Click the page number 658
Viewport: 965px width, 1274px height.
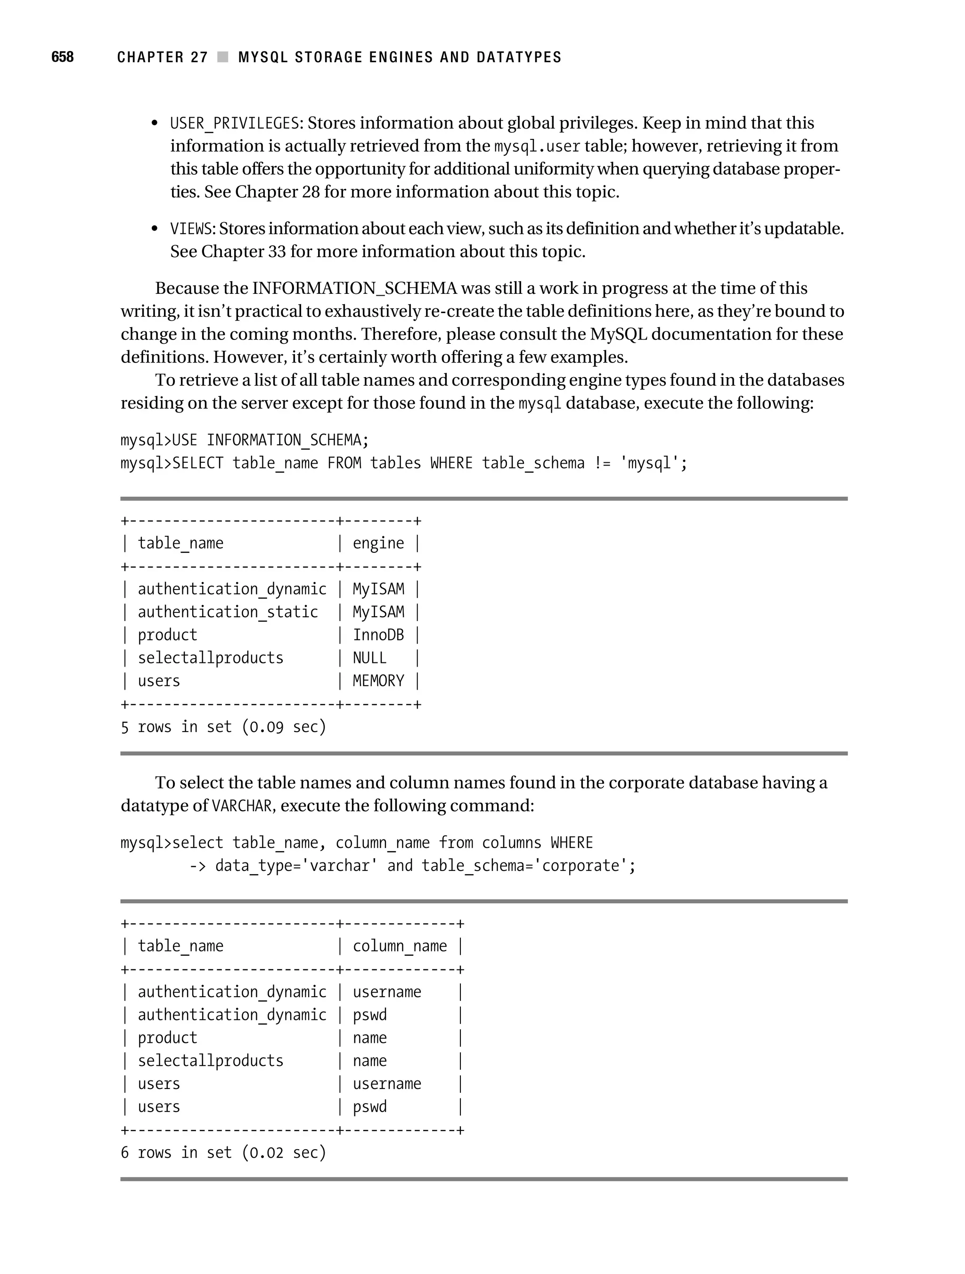62,57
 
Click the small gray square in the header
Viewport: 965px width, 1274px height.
222,57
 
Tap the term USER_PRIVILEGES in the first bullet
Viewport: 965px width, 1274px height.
234,123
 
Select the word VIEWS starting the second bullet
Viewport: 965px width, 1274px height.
191,229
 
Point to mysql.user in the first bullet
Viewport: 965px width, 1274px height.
537,146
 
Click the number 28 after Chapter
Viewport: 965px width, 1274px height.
311,192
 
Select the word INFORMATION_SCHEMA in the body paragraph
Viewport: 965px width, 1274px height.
354,288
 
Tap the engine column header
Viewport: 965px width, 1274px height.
378,543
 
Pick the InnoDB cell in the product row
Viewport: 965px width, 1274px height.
378,635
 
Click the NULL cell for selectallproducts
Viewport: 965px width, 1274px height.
369,658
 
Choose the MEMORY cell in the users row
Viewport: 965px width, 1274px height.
378,681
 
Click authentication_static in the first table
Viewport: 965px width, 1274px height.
228,612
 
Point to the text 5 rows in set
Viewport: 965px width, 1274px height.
176,727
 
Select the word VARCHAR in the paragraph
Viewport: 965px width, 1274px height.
242,806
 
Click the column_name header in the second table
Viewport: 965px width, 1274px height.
400,946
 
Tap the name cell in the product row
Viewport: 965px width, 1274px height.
369,1038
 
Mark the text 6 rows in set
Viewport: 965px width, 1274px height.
176,1153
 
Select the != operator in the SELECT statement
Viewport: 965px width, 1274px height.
602,463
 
